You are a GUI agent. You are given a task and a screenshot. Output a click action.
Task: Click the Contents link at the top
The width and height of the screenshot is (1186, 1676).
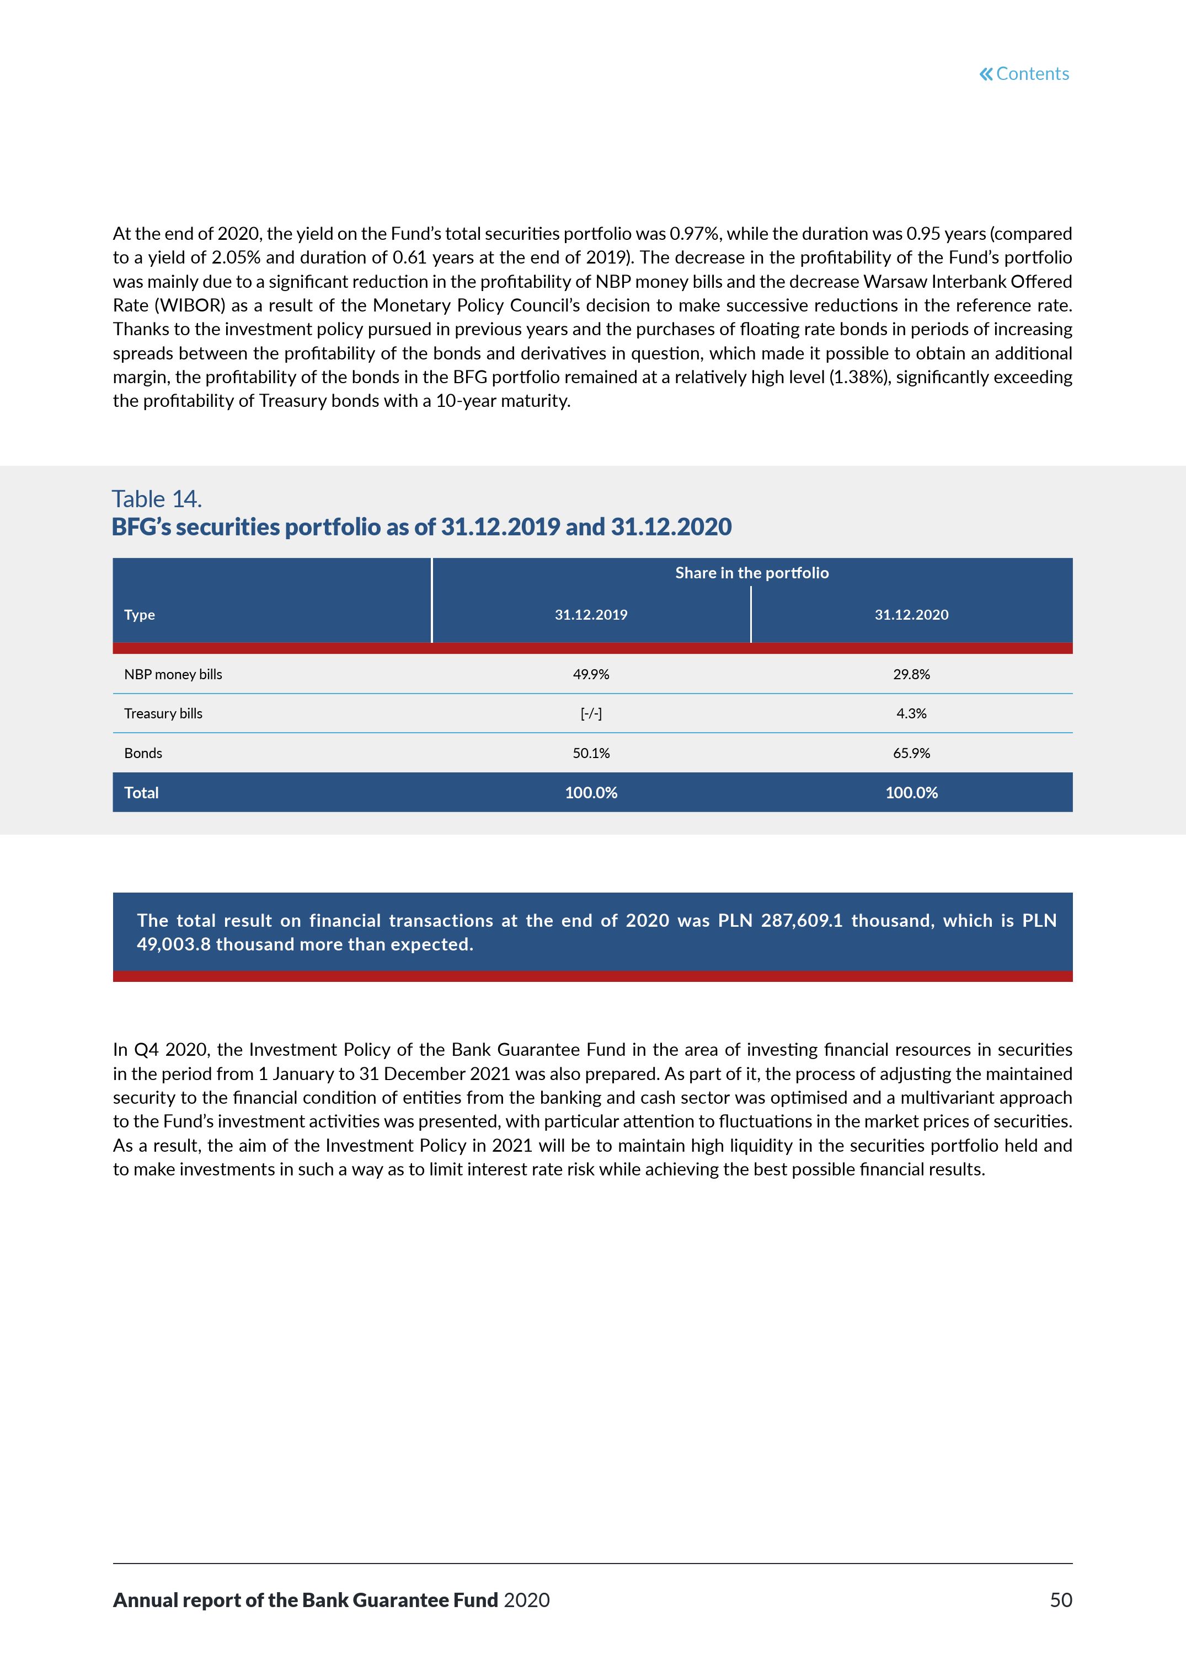pos(1032,74)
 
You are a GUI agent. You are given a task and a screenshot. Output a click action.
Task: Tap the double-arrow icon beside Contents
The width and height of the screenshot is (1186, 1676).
pos(986,74)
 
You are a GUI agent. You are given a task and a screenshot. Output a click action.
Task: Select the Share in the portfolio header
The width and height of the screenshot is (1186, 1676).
pos(751,573)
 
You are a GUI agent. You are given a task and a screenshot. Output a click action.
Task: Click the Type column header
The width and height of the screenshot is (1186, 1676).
pos(140,615)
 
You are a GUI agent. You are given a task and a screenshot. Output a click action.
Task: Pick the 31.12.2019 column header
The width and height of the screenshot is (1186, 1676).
pos(591,615)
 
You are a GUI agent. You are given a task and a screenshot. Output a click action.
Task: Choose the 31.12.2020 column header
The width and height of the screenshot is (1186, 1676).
pos(911,615)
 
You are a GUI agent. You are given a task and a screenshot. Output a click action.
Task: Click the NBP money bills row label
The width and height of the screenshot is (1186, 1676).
pos(173,674)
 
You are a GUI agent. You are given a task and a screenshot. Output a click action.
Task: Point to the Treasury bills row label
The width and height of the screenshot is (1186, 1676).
pos(163,713)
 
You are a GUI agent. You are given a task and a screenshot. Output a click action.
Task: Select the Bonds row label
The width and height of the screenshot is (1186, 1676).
pos(143,753)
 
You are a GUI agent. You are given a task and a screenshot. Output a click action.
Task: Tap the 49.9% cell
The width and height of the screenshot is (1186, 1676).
pos(591,674)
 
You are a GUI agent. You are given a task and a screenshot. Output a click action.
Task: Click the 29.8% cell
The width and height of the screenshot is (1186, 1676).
pos(911,674)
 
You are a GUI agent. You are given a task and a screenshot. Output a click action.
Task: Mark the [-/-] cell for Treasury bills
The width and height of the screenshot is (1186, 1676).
pos(591,713)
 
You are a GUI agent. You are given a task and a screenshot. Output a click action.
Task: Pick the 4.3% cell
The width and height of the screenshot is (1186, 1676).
pos(911,713)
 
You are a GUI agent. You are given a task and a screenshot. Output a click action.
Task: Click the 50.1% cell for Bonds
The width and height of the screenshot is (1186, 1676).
pos(591,753)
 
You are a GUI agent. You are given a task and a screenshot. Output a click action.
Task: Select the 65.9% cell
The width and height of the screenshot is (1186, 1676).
pos(911,753)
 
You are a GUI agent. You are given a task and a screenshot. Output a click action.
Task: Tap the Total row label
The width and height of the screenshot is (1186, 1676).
pos(141,793)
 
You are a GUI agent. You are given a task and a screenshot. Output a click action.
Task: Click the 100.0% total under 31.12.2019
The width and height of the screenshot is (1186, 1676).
pos(591,793)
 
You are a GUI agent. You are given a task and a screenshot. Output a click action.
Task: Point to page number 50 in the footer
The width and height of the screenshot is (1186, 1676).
pos(1060,1600)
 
